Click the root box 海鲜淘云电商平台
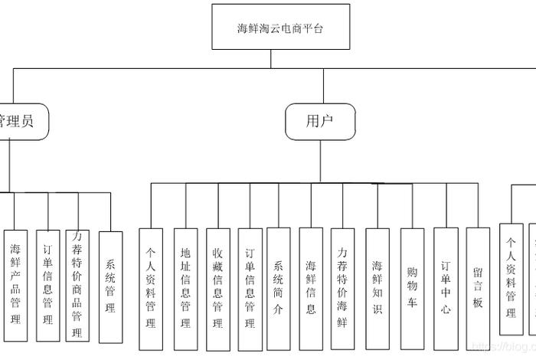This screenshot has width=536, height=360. [x=279, y=28]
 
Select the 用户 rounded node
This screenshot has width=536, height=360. [x=320, y=121]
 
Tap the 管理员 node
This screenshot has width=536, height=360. [x=18, y=121]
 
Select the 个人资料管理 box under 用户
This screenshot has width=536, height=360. [x=151, y=288]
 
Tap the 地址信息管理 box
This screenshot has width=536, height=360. [x=185, y=288]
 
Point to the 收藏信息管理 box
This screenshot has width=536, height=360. [x=218, y=288]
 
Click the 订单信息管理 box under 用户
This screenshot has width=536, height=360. [x=250, y=288]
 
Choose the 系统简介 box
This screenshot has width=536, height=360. [x=279, y=288]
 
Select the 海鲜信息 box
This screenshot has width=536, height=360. [x=311, y=288]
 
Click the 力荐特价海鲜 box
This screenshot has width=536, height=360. [x=343, y=288]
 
